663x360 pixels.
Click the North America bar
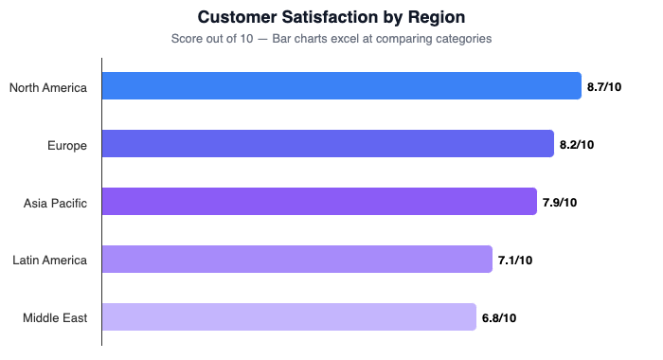click(x=341, y=86)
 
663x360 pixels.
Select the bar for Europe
click(x=328, y=144)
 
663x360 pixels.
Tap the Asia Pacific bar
click(x=319, y=202)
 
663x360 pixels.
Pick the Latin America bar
click(x=297, y=260)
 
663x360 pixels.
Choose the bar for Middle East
click(x=289, y=317)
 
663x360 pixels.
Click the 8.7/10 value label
click(x=603, y=87)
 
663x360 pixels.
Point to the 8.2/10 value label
click(x=577, y=145)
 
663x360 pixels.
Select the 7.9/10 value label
click(x=559, y=203)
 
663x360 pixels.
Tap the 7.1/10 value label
click(x=515, y=261)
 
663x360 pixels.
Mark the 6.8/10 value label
click(x=498, y=318)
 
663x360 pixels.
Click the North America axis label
click(x=48, y=87)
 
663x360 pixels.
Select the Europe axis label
click(x=67, y=145)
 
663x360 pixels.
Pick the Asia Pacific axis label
click(x=55, y=203)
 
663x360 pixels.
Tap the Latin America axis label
click(x=49, y=261)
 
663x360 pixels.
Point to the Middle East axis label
click(x=55, y=318)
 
